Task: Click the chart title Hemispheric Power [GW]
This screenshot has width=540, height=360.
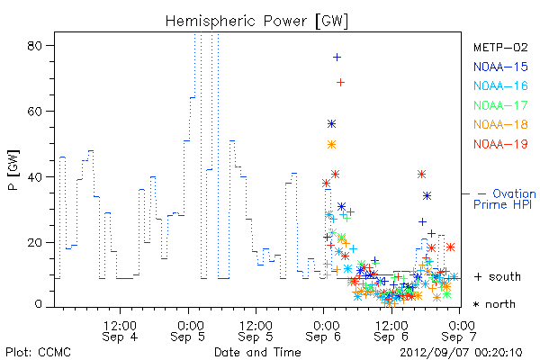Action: tap(256, 21)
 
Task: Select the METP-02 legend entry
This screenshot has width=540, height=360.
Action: tap(500, 47)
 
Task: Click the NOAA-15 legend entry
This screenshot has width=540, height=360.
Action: tap(500, 67)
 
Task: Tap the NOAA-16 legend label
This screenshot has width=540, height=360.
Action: tap(500, 85)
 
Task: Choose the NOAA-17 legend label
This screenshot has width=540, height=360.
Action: tap(500, 105)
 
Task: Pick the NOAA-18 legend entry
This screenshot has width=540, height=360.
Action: tap(500, 124)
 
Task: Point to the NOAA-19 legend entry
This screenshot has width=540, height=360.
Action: tap(500, 144)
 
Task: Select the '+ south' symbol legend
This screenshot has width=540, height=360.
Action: tap(498, 276)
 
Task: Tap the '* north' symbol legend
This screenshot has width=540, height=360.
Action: tap(494, 304)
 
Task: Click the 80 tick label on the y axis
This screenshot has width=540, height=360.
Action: tap(34, 46)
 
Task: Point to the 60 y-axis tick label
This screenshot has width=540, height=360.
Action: tap(34, 112)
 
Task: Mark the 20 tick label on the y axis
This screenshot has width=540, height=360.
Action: tap(34, 242)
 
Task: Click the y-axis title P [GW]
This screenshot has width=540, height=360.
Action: tap(13, 170)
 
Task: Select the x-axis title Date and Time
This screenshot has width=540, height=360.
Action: tap(257, 352)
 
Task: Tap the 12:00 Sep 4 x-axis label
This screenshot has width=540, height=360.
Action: tap(120, 331)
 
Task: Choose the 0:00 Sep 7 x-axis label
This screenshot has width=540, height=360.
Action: tap(459, 331)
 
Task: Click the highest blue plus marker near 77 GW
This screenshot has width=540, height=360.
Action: tap(337, 58)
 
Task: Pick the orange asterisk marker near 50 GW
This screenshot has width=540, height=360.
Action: tap(331, 144)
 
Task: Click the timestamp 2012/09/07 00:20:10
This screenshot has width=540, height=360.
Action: tap(461, 353)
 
